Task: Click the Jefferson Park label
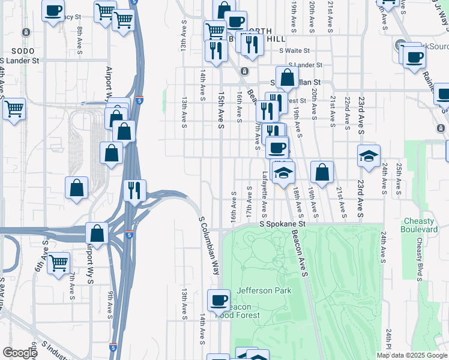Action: pos(264,291)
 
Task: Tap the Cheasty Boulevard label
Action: pos(420,225)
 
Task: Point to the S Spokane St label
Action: pos(282,224)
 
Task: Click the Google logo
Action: pos(20,353)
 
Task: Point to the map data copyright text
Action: pos(411,355)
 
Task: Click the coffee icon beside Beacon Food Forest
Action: pos(218,299)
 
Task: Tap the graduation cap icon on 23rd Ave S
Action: pos(369,156)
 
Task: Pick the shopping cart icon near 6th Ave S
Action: pos(58,262)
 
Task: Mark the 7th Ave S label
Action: pos(72,286)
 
